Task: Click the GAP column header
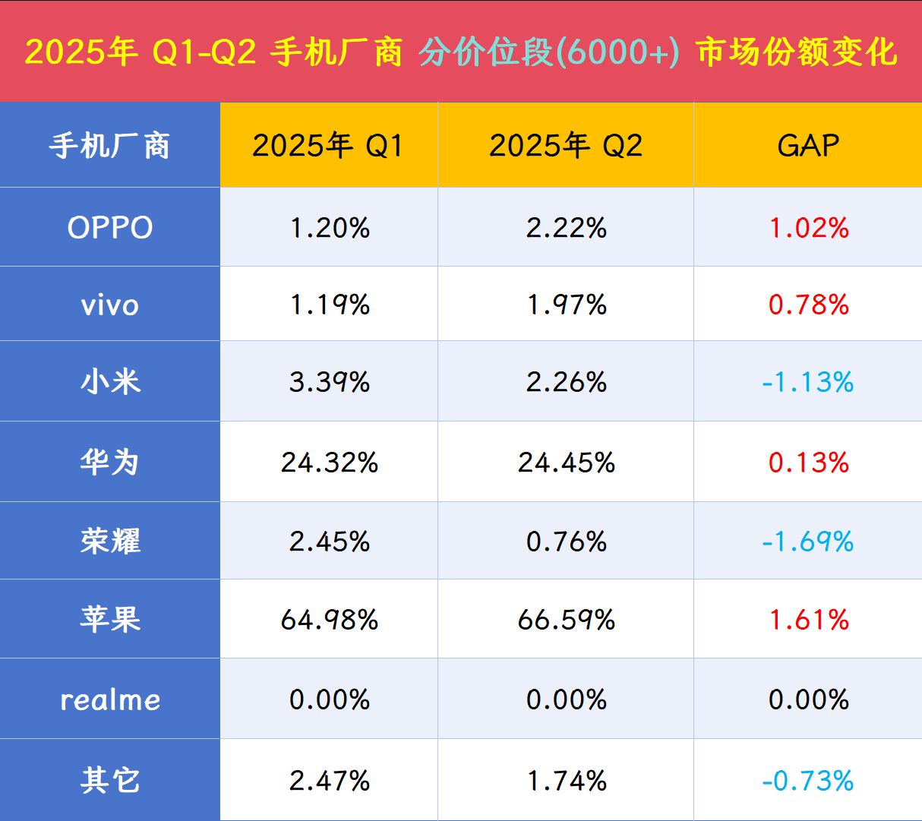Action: coord(808,145)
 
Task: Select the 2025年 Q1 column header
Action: coord(328,145)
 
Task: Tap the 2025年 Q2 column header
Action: coord(566,145)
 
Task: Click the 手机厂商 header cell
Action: coord(110,145)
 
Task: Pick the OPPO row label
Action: coord(110,227)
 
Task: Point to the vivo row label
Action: coord(110,305)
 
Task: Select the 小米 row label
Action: coord(110,381)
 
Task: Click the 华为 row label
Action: coord(110,462)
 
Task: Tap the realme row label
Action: coord(110,699)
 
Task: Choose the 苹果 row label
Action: coord(110,620)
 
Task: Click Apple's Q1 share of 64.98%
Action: coord(329,620)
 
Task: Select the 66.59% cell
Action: coord(566,620)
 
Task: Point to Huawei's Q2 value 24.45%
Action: coord(566,462)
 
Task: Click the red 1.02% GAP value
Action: coord(809,227)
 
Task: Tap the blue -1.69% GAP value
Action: coord(808,542)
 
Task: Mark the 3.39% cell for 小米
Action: coord(329,381)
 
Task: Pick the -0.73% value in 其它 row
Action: coord(808,780)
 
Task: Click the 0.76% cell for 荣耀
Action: coord(566,542)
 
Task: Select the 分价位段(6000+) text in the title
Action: coord(549,52)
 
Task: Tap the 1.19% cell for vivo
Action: coord(329,305)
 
